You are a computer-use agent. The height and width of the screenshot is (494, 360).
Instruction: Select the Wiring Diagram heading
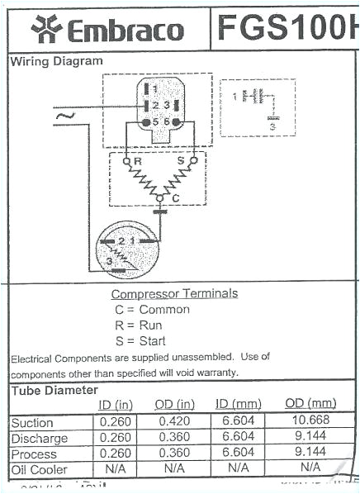57,61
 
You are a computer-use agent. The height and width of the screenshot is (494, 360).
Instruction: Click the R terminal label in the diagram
138,162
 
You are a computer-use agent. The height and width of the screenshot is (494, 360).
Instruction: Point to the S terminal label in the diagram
181,162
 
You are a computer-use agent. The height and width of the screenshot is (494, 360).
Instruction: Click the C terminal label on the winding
175,199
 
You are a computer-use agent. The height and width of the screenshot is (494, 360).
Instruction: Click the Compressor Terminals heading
174,293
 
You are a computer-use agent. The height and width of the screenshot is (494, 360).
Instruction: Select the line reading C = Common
152,310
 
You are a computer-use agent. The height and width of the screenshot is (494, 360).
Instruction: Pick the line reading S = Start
140,340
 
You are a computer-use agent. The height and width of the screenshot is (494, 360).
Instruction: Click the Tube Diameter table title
54,390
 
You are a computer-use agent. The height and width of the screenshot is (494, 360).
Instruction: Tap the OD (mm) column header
310,403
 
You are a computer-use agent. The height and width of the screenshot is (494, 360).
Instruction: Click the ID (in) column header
116,404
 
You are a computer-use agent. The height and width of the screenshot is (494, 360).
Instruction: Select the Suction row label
32,423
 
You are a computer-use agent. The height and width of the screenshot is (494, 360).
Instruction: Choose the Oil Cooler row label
39,468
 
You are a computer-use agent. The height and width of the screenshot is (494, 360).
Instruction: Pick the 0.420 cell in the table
175,422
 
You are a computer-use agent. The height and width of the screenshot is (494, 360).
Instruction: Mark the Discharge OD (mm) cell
310,438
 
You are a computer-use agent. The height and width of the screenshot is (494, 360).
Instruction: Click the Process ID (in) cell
115,453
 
